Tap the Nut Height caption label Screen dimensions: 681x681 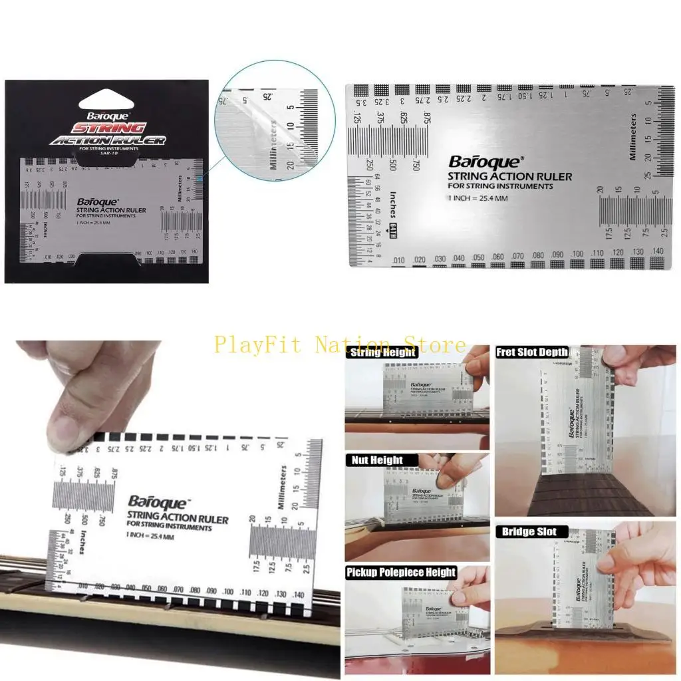pos(374,460)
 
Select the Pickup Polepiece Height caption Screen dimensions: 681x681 pos(401,572)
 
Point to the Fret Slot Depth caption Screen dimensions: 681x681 pos(532,352)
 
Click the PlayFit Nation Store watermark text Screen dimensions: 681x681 pos(340,344)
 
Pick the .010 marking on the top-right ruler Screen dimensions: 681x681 pos(399,259)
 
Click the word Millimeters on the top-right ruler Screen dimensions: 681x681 pos(632,136)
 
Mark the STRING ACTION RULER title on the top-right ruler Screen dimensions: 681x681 pos(509,176)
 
